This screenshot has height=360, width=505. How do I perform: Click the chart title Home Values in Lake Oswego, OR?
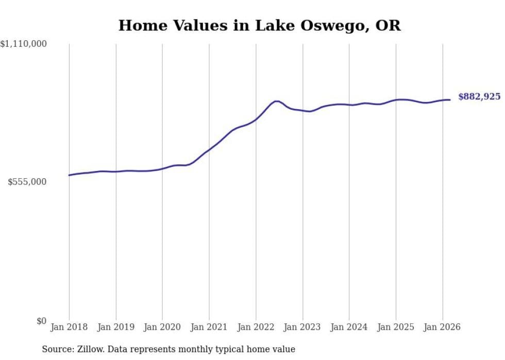[x=259, y=25]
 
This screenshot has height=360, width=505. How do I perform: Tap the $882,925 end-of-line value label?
[x=479, y=96]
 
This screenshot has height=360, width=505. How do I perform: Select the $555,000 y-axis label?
[x=27, y=182]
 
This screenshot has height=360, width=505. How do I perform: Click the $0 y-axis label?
[x=41, y=321]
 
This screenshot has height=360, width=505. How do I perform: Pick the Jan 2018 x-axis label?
[x=69, y=327]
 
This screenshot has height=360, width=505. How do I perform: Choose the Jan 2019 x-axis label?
[x=116, y=327]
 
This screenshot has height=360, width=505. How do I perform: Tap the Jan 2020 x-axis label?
[x=162, y=327]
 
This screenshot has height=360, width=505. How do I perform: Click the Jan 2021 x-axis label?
[x=209, y=327]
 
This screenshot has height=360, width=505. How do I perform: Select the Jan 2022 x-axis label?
[x=256, y=327]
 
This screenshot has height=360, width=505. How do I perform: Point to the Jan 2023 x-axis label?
[x=302, y=327]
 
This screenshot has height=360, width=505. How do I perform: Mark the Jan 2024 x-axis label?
[x=349, y=327]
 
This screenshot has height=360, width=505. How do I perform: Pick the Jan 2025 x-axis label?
[x=396, y=327]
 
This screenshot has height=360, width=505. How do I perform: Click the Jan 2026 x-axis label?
[x=442, y=327]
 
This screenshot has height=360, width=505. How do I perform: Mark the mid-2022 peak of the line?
[x=277, y=101]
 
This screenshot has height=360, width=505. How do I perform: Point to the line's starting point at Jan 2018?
[x=69, y=175]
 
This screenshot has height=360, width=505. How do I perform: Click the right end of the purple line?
[x=450, y=100]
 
